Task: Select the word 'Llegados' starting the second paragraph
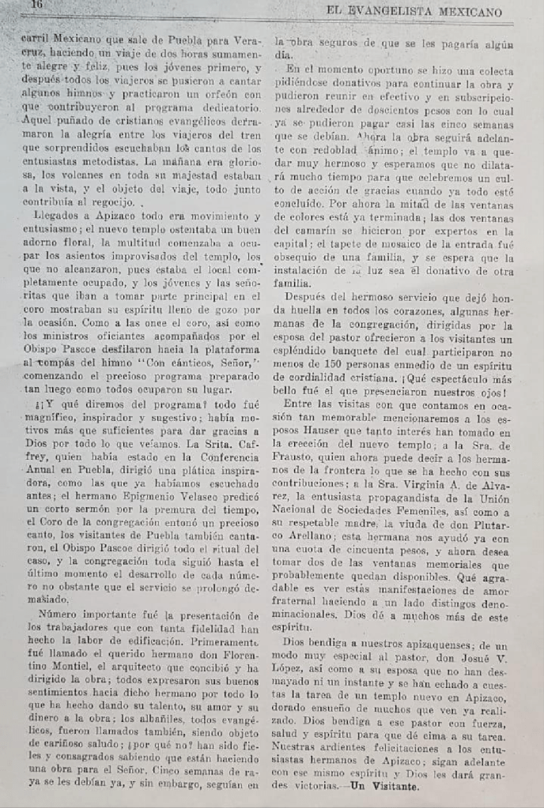[51, 216]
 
